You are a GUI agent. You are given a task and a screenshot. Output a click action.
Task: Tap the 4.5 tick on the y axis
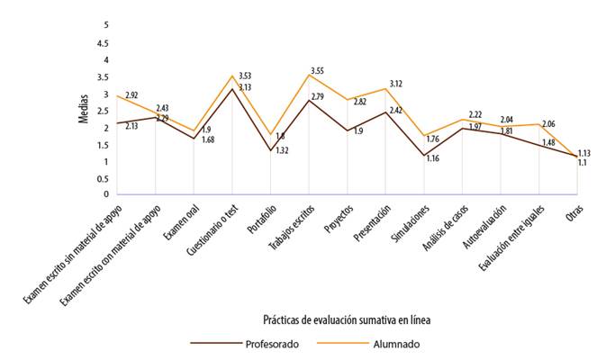coord(105,42)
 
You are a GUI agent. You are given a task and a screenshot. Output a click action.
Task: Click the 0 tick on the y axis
coord(105,194)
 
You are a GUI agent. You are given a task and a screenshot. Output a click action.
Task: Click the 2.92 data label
coord(131,94)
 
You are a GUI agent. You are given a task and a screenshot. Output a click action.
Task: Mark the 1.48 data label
coord(547,142)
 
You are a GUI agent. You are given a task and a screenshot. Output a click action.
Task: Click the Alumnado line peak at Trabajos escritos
coord(309,74)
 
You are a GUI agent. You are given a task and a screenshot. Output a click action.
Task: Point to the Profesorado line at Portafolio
coord(270,150)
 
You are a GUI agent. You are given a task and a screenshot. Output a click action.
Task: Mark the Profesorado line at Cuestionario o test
coord(232,88)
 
